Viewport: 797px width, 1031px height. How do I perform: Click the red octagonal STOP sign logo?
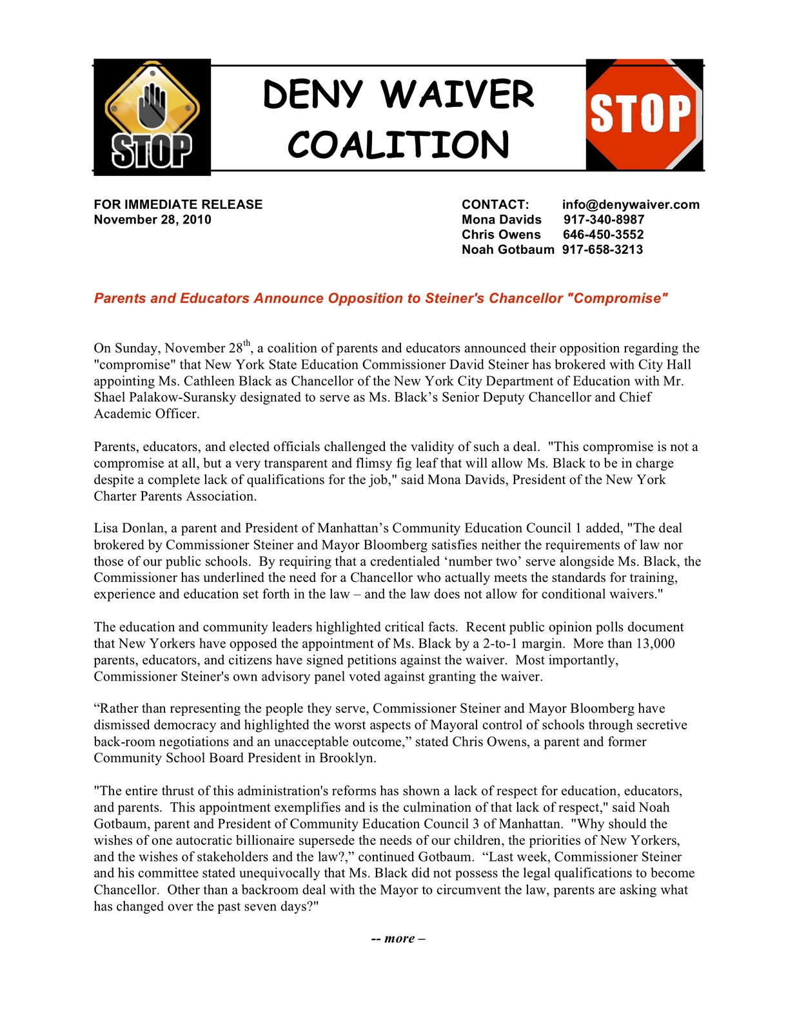click(642, 114)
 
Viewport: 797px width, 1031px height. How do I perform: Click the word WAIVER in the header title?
click(458, 95)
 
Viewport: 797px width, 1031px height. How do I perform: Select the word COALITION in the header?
click(398, 145)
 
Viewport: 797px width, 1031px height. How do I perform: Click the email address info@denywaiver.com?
click(631, 205)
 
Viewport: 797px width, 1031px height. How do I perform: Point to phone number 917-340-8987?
click(604, 220)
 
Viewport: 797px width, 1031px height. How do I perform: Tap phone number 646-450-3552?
click(603, 235)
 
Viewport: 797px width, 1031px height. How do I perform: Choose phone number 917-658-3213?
click(602, 249)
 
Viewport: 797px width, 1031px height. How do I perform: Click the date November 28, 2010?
click(152, 220)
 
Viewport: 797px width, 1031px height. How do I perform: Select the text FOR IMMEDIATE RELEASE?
click(178, 205)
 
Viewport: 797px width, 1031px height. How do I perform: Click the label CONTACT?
click(495, 205)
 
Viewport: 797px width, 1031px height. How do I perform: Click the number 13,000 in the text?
click(655, 644)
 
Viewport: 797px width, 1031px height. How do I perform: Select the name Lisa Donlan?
click(129, 528)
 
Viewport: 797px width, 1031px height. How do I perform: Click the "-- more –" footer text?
click(398, 939)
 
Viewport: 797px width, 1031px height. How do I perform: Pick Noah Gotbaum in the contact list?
click(507, 249)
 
